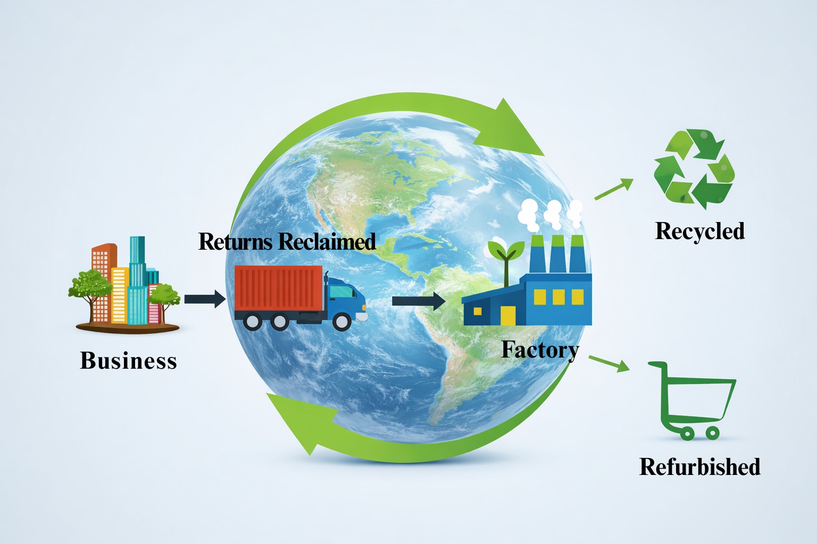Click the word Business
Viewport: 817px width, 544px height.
(128, 360)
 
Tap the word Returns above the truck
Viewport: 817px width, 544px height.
(235, 242)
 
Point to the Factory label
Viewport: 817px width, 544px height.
(540, 350)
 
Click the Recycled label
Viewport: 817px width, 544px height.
(699, 231)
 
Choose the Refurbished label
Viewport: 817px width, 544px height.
(699, 466)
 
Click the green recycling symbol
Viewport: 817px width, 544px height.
(694, 168)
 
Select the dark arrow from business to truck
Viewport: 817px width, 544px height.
(205, 299)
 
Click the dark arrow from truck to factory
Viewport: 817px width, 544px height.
(418, 301)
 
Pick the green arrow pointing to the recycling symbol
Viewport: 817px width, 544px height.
(614, 189)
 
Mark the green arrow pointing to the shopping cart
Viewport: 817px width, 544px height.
(609, 363)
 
